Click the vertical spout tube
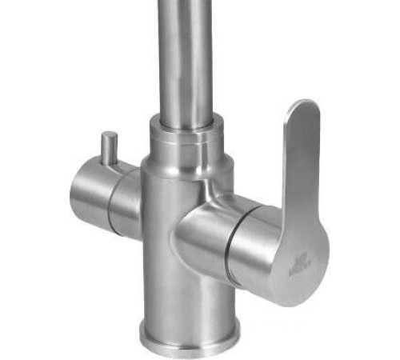186,56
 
